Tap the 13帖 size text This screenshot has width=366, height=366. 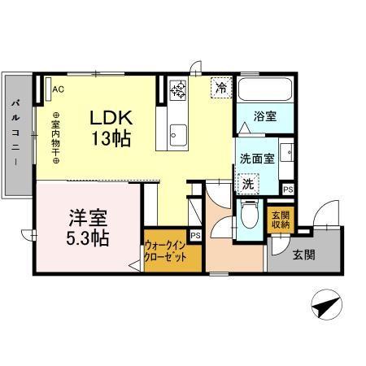click(x=113, y=138)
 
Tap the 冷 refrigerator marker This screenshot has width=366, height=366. click(x=220, y=86)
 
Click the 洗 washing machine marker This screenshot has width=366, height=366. click(x=246, y=185)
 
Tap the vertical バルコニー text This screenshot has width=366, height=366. click(x=15, y=134)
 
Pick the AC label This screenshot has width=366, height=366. click(x=59, y=89)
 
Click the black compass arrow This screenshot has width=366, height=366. click(x=325, y=307)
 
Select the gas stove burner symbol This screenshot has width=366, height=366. click(x=178, y=89)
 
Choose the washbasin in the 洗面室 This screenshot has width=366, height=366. click(x=285, y=155)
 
